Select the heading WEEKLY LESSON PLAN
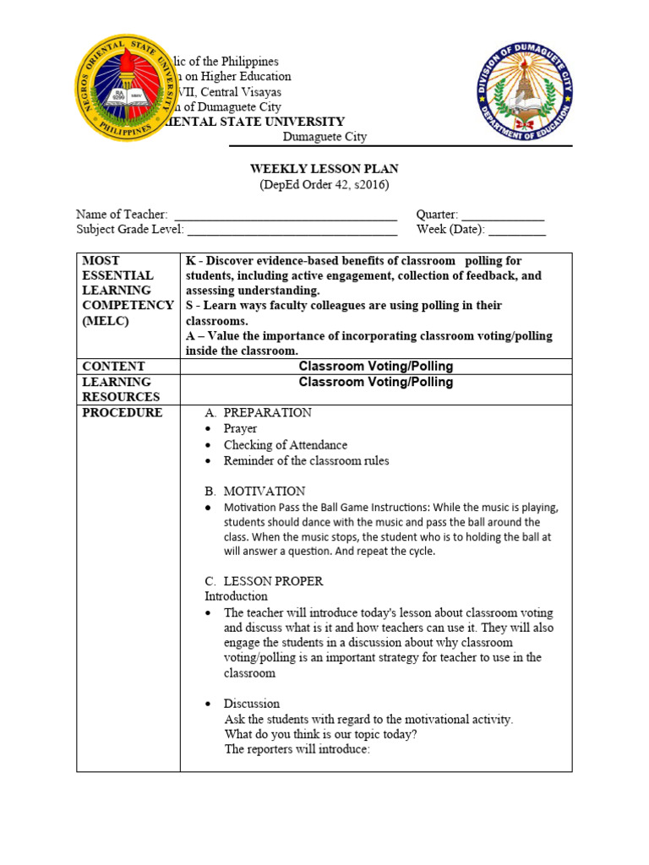coord(324,169)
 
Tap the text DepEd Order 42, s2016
coord(324,185)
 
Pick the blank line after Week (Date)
coord(517,231)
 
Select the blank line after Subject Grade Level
coord(292,231)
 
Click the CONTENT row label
coord(113,366)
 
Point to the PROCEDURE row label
coord(122,412)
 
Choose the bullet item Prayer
coord(240,428)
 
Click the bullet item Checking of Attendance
coord(285,444)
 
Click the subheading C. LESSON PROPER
coord(264,581)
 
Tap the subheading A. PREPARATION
coord(258,412)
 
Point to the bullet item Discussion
coord(251,704)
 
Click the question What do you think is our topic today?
coord(320,734)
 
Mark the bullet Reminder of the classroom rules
coord(306,460)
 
